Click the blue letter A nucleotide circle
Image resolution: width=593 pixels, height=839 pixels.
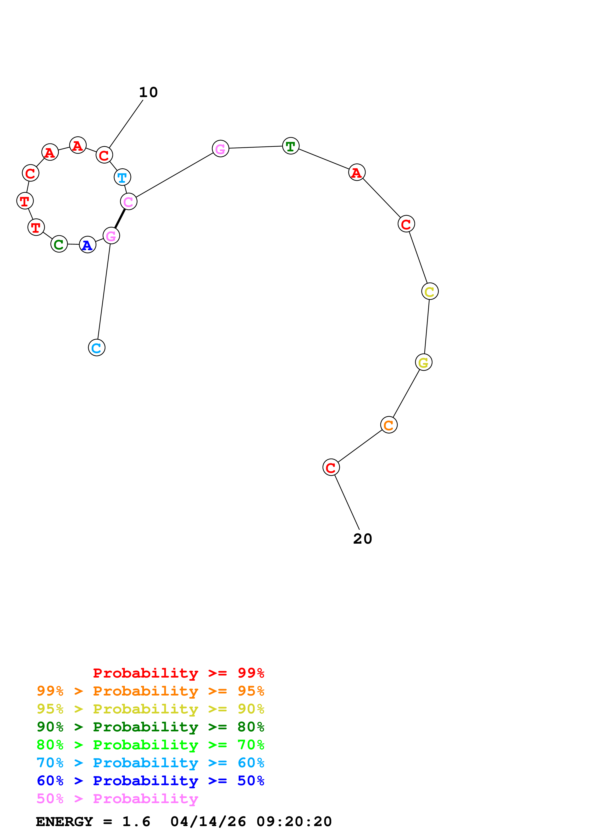87,245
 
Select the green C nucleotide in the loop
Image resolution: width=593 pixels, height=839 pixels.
59,244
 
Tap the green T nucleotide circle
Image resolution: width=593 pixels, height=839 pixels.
290,146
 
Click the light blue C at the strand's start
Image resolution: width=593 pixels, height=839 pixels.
96,348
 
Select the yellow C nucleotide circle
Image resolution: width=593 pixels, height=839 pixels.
430,291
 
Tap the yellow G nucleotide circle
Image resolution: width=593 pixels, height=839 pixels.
423,362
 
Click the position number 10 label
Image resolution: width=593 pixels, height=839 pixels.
148,93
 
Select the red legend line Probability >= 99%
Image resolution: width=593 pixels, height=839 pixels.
178,673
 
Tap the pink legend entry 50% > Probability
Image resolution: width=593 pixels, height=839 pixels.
117,799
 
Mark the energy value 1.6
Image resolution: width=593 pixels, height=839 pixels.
136,822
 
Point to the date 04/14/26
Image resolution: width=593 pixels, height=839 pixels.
208,822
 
